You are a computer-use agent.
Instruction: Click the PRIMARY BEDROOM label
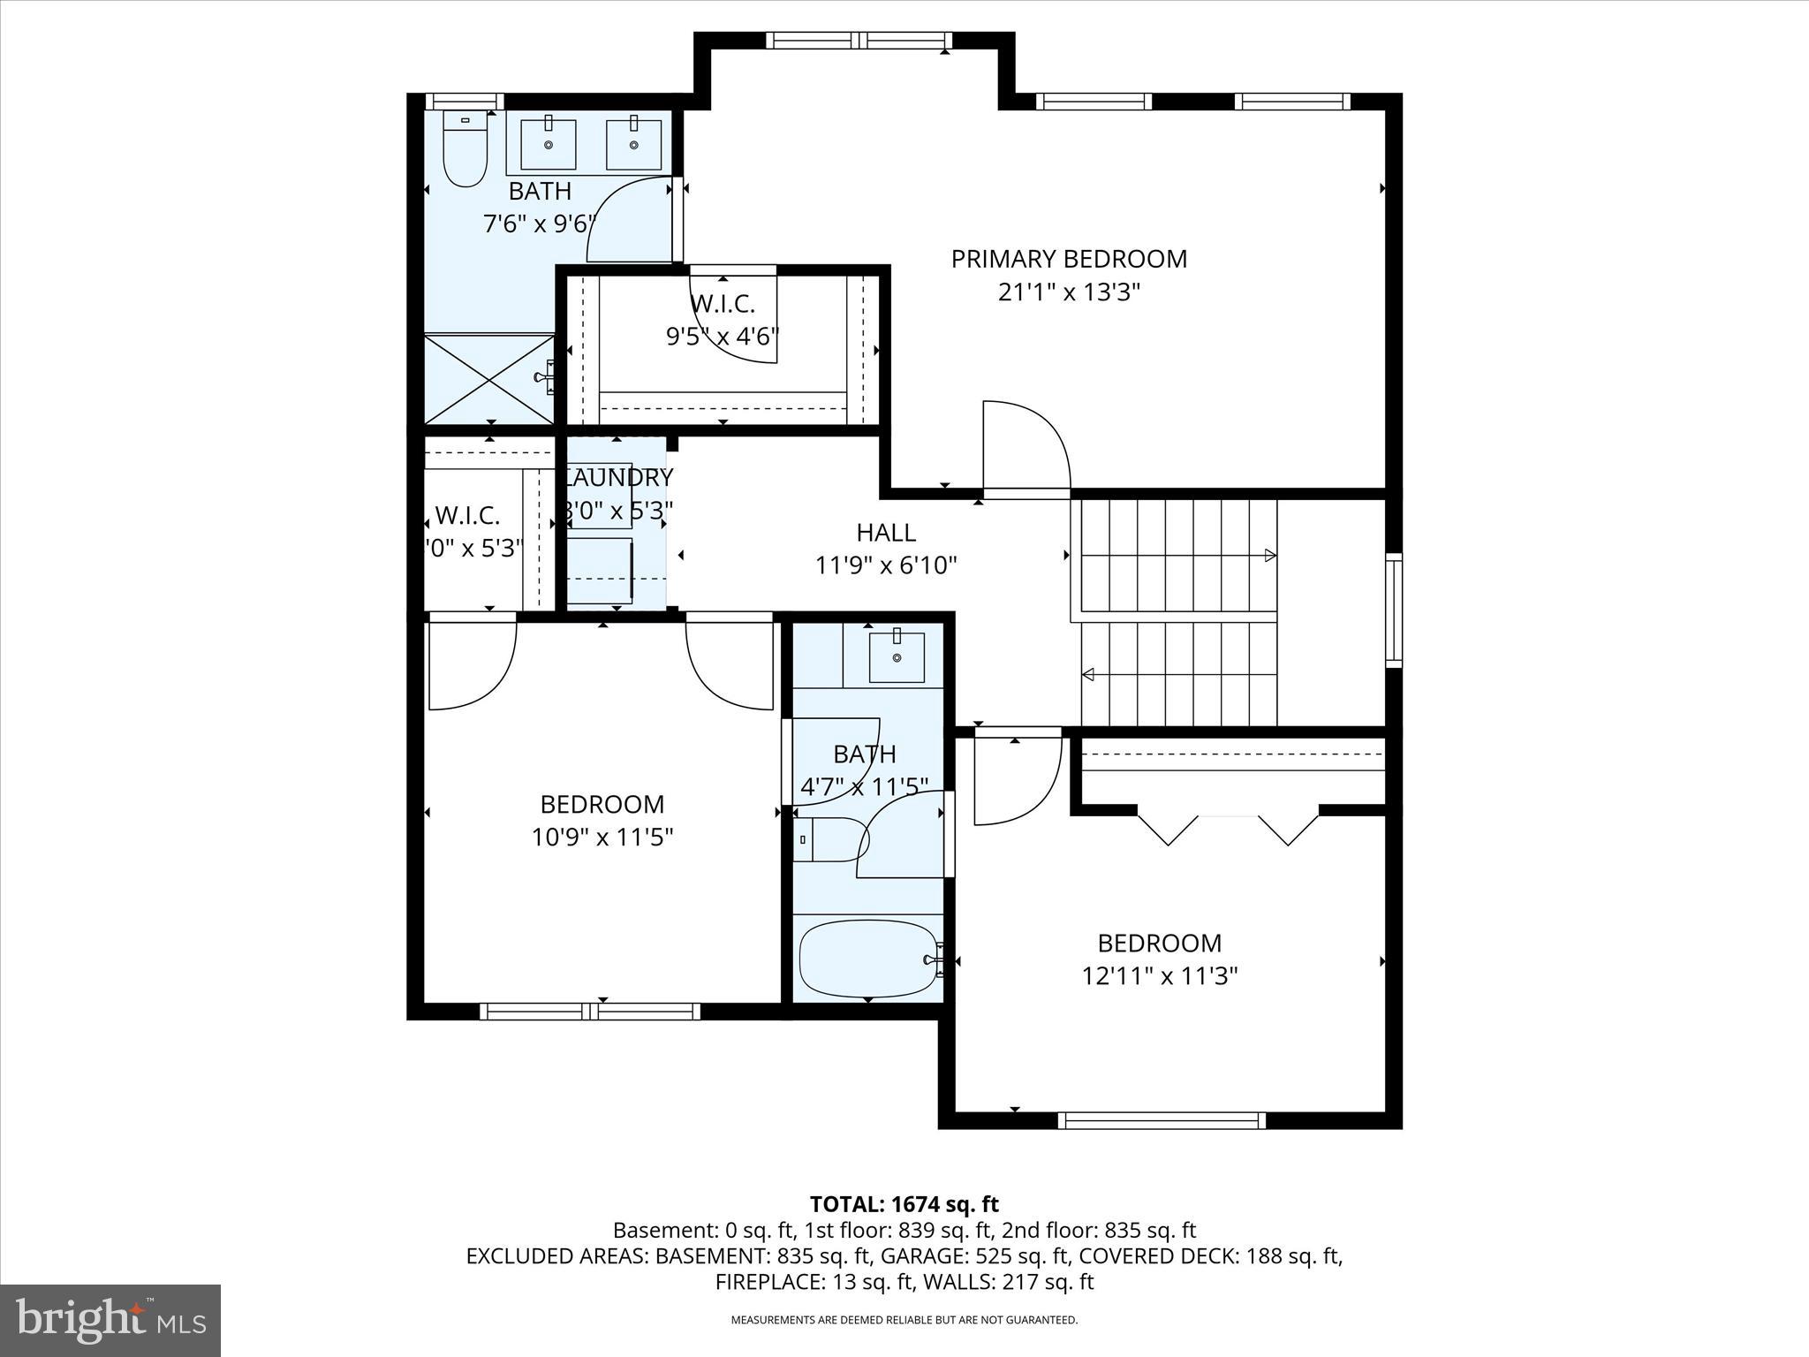1069,259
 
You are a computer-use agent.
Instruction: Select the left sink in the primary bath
548,144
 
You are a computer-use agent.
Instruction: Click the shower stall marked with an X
488,379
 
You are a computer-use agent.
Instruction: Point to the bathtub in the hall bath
867,959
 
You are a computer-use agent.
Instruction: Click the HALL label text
886,533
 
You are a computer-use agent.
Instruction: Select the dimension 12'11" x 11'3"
1159,976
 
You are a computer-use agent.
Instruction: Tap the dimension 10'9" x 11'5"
602,837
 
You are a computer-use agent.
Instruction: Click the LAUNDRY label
618,478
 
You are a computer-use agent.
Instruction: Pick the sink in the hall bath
897,657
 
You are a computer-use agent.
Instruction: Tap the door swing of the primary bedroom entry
1025,446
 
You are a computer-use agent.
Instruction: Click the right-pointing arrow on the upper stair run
1269,556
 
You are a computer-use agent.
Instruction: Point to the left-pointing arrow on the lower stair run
1088,675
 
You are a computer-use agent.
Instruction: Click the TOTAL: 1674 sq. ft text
904,1204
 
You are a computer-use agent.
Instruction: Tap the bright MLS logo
110,1320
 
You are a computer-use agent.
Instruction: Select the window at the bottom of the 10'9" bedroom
590,1011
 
